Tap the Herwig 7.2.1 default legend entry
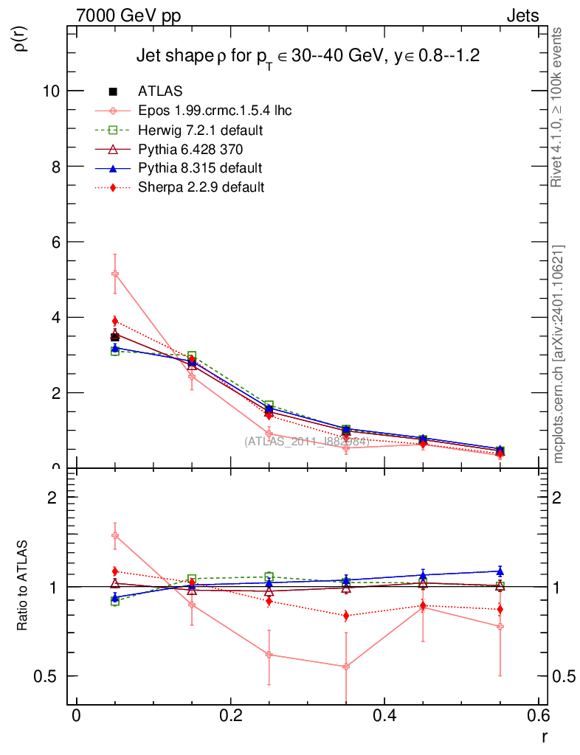coord(200,130)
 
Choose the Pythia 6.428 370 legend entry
coord(189,149)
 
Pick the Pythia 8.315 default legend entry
coord(200,168)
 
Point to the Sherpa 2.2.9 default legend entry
coord(201,187)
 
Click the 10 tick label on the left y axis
coord(51,91)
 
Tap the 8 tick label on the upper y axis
coord(55,167)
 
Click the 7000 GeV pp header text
coord(128,15)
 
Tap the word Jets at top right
coord(522,15)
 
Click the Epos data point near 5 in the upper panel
coord(114,274)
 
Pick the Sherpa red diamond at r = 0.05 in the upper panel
coord(114,321)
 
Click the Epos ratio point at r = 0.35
coord(345,667)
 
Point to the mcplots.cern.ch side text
coord(559,354)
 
